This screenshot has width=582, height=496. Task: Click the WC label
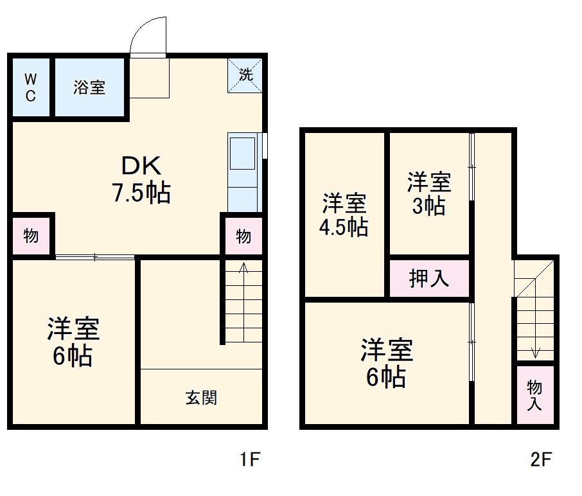[x=30, y=87]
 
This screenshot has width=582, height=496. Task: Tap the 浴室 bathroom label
[x=89, y=87]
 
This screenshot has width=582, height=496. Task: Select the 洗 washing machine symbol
[x=245, y=75]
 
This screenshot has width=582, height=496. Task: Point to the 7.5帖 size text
[x=141, y=192]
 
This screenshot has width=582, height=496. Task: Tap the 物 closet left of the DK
[x=31, y=236]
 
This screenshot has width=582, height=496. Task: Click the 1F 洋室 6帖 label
[x=73, y=342]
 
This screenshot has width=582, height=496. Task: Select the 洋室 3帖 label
[x=429, y=194]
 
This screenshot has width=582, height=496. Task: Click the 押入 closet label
[x=429, y=279]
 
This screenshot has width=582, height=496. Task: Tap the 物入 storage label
[x=534, y=395]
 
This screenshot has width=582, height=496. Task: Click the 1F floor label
[x=249, y=459]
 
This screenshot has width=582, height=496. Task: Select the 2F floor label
[x=541, y=459]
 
